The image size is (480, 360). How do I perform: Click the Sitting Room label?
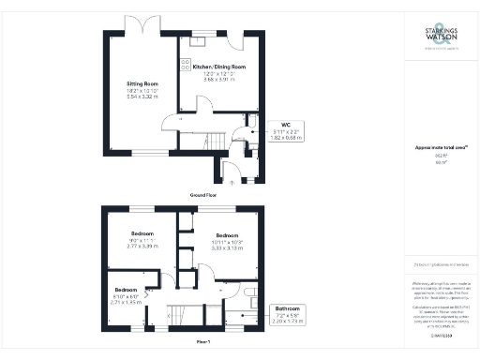pyautogui.click(x=143, y=83)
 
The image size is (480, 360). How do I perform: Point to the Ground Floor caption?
pyautogui.click(x=197, y=194)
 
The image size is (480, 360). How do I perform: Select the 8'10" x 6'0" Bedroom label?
pyautogui.click(x=127, y=293)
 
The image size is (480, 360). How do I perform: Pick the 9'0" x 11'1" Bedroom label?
pyautogui.click(x=143, y=239)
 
